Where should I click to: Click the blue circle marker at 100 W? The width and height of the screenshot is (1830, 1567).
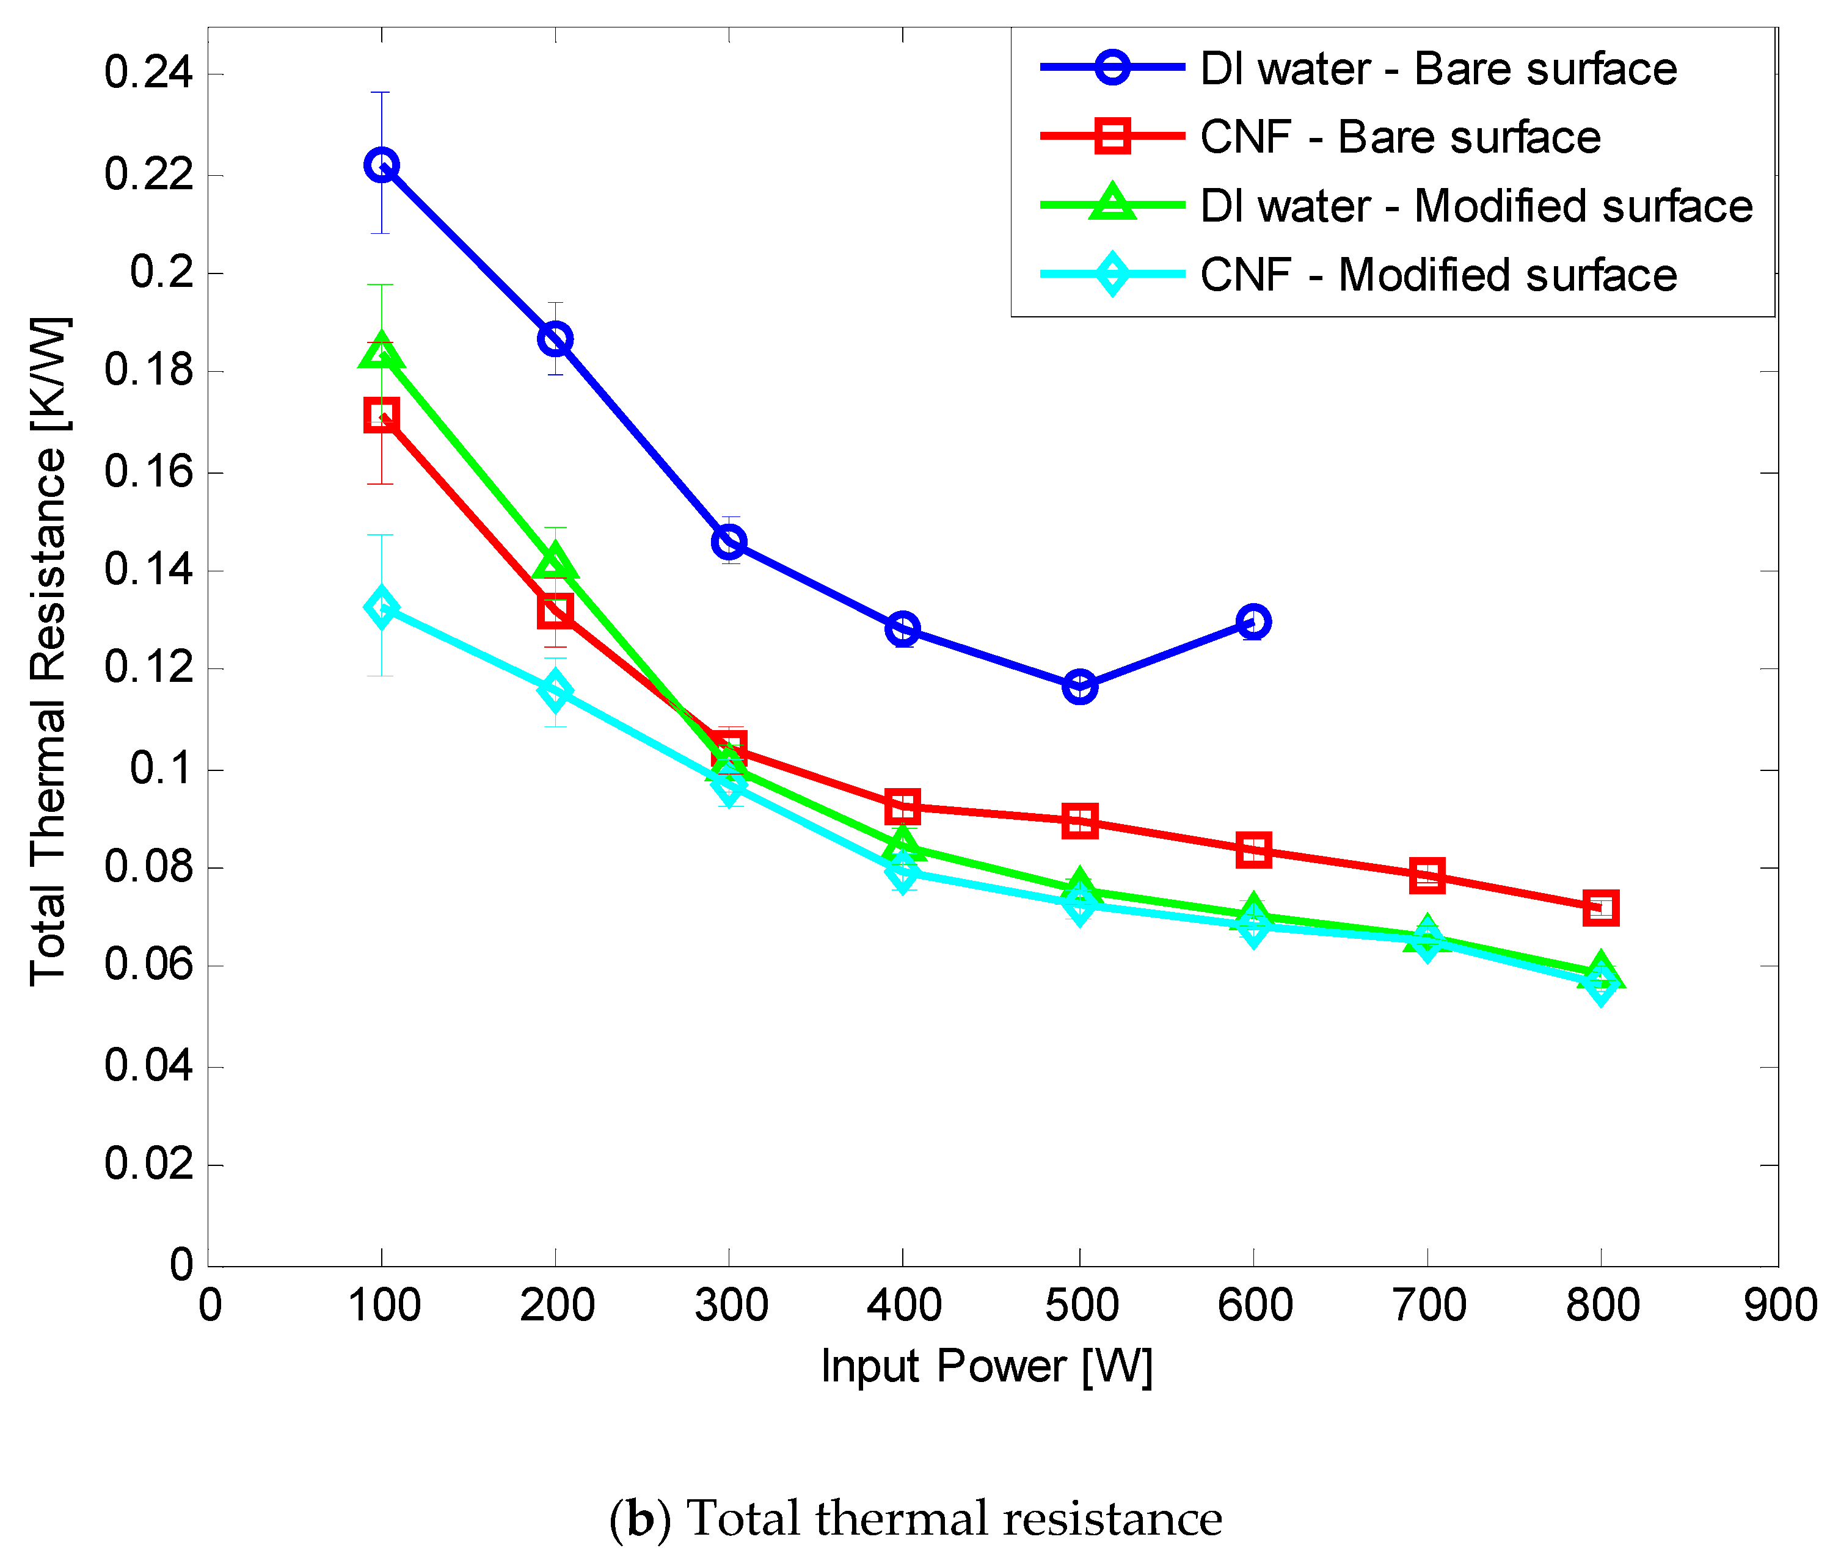(x=381, y=165)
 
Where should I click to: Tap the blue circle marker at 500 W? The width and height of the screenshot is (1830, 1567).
(x=1079, y=686)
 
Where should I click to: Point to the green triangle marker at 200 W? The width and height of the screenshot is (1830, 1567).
(x=555, y=562)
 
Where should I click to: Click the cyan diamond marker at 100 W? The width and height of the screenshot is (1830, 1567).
(x=381, y=607)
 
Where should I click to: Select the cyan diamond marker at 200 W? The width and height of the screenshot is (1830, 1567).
(x=555, y=690)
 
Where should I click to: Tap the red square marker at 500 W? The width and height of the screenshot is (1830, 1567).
(x=1079, y=821)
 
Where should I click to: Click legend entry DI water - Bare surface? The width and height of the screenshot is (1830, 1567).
(x=1438, y=69)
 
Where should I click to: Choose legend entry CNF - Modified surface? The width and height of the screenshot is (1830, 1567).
(x=1438, y=275)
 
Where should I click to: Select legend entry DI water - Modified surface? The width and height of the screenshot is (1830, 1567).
(x=1475, y=206)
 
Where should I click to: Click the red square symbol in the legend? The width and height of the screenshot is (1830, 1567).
(x=1112, y=137)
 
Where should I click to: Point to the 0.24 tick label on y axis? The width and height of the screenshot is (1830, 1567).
(x=148, y=73)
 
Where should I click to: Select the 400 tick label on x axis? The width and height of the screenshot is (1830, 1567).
(x=903, y=1305)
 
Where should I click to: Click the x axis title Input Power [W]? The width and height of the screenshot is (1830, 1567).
(x=986, y=1366)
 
